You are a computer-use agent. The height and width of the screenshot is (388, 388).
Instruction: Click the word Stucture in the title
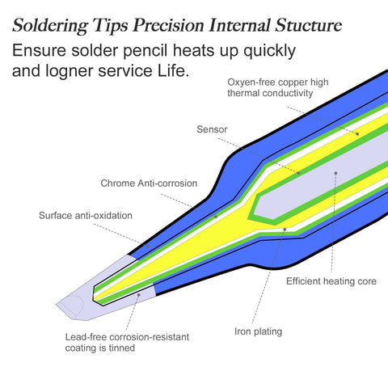pos(308,26)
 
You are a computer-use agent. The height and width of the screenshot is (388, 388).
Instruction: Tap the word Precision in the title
pos(168,26)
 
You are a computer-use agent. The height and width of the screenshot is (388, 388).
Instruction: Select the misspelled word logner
pos(70,71)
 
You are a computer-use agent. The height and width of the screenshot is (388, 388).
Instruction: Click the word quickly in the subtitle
pos(269,51)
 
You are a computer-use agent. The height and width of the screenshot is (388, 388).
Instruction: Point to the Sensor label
pos(212,129)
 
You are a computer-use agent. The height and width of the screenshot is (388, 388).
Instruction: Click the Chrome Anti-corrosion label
pos(149,183)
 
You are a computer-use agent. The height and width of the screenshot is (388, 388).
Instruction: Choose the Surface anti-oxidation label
pos(86,216)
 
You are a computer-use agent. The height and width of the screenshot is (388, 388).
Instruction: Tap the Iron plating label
pos(258,331)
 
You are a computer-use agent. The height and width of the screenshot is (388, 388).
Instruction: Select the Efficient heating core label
pos(331,281)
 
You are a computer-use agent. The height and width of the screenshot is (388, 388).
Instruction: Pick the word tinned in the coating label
pos(122,348)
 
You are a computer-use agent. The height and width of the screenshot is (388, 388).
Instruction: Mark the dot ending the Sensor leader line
pos(298,173)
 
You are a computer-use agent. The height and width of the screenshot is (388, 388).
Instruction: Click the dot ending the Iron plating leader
pos(285,230)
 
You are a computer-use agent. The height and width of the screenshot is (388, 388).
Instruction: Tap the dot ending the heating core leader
pos(335,173)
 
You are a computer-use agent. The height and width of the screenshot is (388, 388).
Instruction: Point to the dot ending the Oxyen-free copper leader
pos(357,133)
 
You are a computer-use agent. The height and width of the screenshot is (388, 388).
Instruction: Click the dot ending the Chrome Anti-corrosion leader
pos(216,217)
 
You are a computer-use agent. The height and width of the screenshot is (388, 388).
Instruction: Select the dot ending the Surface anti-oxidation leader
pos(149,247)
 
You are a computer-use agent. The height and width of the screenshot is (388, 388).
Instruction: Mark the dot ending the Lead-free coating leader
pos(139,295)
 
